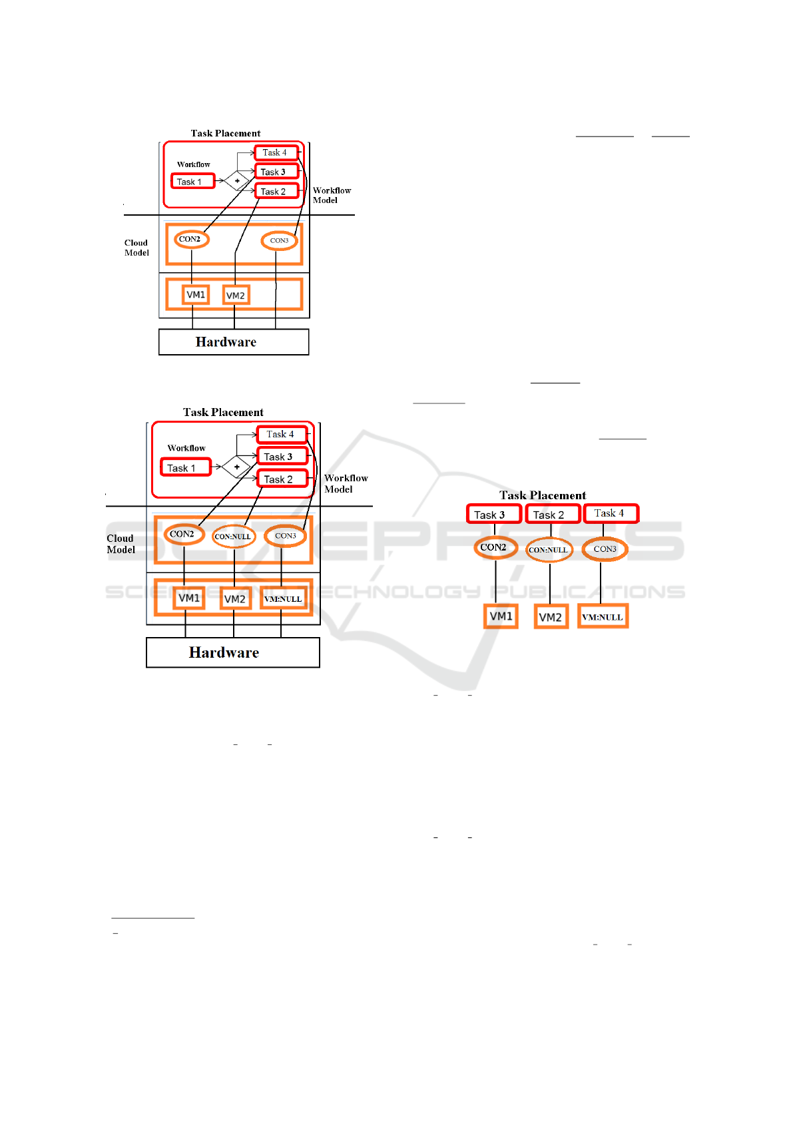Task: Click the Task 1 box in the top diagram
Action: pyautogui.click(x=192, y=181)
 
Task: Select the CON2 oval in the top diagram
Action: pyautogui.click(x=191, y=239)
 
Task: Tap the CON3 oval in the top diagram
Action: pyautogui.click(x=280, y=241)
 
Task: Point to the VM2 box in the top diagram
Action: pyautogui.click(x=235, y=296)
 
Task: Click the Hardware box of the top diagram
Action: pyautogui.click(x=234, y=341)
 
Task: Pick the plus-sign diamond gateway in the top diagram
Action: pyautogui.click(x=237, y=180)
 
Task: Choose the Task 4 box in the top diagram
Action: pyautogui.click(x=277, y=152)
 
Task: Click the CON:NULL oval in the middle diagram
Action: pyautogui.click(x=234, y=537)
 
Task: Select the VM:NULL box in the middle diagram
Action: pyautogui.click(x=283, y=598)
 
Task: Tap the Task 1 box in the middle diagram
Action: pyautogui.click(x=186, y=467)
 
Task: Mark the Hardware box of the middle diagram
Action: pyautogui.click(x=233, y=652)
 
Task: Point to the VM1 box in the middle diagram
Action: pyautogui.click(x=188, y=598)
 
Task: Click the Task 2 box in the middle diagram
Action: pyautogui.click(x=282, y=479)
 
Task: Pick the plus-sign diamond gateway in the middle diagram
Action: pyautogui.click(x=237, y=467)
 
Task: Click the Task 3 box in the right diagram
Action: pyautogui.click(x=493, y=514)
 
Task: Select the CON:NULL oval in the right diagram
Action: pyautogui.click(x=549, y=550)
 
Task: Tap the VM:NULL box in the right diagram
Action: pyautogui.click(x=603, y=616)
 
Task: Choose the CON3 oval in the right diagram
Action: pyautogui.click(x=605, y=549)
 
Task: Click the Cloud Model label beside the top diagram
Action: pyautogui.click(x=136, y=248)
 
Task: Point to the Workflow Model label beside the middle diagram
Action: pyautogui.click(x=346, y=483)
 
